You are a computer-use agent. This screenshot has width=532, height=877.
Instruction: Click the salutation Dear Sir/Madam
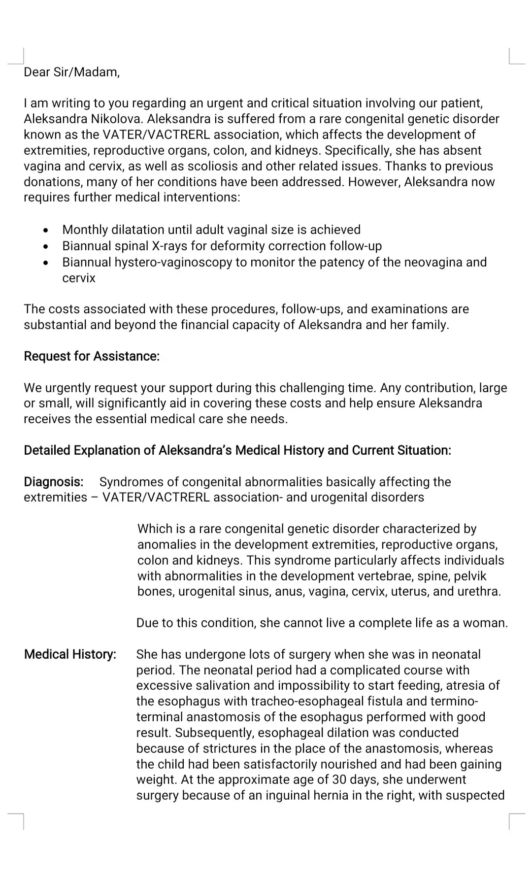click(71, 72)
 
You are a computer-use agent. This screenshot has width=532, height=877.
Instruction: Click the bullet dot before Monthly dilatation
click(46, 230)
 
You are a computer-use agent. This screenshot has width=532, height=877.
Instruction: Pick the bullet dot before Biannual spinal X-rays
click(46, 246)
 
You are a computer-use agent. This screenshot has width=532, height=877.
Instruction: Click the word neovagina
click(432, 262)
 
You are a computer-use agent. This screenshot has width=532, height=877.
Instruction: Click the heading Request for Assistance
click(92, 356)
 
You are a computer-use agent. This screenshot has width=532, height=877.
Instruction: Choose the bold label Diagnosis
click(54, 482)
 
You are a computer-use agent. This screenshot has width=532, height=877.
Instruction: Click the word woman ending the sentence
click(489, 623)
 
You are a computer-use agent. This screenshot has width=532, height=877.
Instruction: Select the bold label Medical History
click(70, 655)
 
